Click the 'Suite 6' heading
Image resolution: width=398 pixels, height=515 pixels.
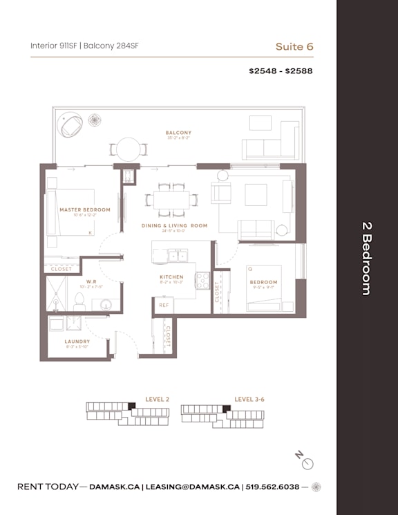pyautogui.click(x=294, y=46)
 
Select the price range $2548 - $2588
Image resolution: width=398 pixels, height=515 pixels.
pyautogui.click(x=281, y=71)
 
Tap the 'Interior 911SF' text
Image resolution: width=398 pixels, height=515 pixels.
pyautogui.click(x=54, y=46)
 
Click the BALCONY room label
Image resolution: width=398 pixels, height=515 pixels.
pyautogui.click(x=178, y=133)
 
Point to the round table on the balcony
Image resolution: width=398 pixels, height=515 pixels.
pyautogui.click(x=128, y=149)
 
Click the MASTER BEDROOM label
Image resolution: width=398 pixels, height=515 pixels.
pyautogui.click(x=84, y=209)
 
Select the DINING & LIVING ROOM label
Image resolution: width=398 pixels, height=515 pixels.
pyautogui.click(x=175, y=226)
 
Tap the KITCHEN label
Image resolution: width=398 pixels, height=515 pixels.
pyautogui.click(x=171, y=277)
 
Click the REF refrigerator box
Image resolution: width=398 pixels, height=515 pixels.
pyautogui.click(x=164, y=305)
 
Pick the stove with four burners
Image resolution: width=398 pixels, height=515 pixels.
pyautogui.click(x=202, y=280)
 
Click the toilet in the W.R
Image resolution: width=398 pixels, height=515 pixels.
pyautogui.click(x=79, y=300)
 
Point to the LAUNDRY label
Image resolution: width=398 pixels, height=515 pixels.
pyautogui.click(x=77, y=341)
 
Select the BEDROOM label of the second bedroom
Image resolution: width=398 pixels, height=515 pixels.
pyautogui.click(x=263, y=282)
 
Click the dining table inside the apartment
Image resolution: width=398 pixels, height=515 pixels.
pyautogui.click(x=171, y=200)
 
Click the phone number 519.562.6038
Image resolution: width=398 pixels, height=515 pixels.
pyautogui.click(x=274, y=487)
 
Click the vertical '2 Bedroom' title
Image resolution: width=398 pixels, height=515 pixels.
pyautogui.click(x=367, y=258)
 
